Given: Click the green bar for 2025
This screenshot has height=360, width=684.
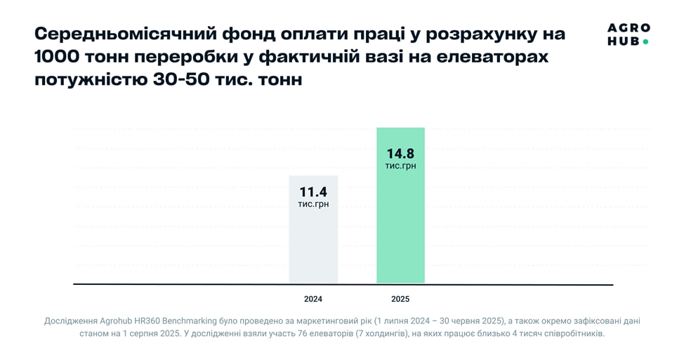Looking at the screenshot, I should pos(400,225).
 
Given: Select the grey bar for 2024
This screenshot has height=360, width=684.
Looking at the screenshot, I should pos(313,246).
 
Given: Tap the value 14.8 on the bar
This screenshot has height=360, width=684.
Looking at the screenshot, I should pos(400,152).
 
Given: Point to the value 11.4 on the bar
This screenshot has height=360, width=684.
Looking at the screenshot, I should pos(313,192).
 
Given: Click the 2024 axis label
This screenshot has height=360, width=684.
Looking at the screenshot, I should pos(313,299).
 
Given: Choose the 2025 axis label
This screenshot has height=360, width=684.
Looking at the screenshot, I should pos(400,299).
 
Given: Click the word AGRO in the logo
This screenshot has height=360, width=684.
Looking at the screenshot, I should pos(629,28).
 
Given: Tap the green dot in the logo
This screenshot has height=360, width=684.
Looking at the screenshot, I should pos(645,42).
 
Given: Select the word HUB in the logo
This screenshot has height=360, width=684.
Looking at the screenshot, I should pos(623,41).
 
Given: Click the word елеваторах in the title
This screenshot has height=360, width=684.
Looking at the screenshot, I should pos(488,57).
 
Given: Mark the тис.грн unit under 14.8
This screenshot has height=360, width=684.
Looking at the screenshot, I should pos(400,166).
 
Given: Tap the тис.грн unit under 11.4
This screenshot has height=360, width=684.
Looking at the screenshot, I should pos(313,204).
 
